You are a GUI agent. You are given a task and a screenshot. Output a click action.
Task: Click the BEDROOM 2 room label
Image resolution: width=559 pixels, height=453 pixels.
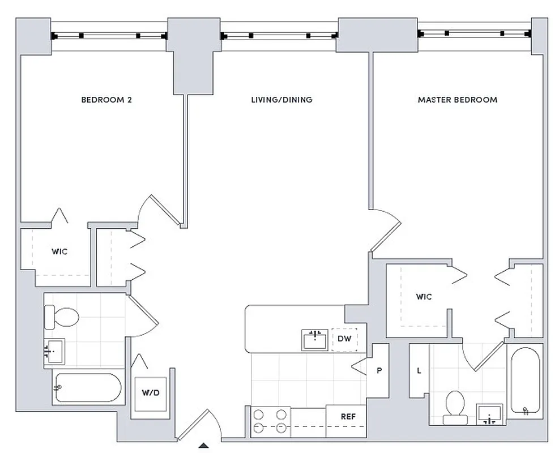pyautogui.click(x=106, y=100)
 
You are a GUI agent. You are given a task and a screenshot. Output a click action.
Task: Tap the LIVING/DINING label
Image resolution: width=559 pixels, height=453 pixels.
pyautogui.click(x=281, y=100)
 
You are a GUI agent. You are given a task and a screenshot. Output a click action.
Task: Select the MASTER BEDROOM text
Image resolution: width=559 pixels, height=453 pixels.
pyautogui.click(x=457, y=100)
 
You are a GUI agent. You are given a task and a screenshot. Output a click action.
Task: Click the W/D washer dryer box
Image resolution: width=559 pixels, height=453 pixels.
pyautogui.click(x=150, y=392)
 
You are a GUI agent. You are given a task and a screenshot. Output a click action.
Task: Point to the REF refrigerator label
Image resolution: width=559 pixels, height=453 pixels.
pyautogui.click(x=348, y=417)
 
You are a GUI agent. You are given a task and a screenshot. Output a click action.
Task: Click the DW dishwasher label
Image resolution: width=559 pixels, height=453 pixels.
pyautogui.click(x=344, y=339)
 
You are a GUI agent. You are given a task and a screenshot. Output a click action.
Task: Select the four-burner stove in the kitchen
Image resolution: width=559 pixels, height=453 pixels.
pyautogui.click(x=270, y=422)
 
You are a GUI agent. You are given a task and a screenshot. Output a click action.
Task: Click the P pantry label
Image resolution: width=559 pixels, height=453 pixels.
pyautogui.click(x=379, y=371)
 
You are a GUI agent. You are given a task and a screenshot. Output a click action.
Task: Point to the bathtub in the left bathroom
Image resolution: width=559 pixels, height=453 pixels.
pyautogui.click(x=88, y=387)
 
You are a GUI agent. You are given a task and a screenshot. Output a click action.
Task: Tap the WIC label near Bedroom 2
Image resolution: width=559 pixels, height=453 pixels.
pyautogui.click(x=59, y=251)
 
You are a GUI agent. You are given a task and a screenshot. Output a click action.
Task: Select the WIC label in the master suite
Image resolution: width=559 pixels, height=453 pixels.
pyautogui.click(x=424, y=296)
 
